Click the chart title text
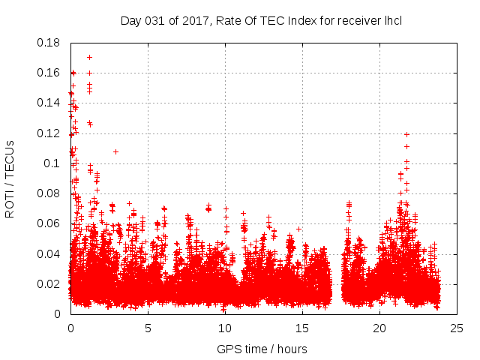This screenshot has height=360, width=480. pyautogui.click(x=261, y=20)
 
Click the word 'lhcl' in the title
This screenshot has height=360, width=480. pyautogui.click(x=392, y=20)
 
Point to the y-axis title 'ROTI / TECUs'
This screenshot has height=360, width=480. pyautogui.click(x=10, y=178)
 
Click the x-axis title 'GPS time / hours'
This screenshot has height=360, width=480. pyautogui.click(x=262, y=349)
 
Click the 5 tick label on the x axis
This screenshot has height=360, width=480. pyautogui.click(x=148, y=328)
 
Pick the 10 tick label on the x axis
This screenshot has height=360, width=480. pyautogui.click(x=225, y=328)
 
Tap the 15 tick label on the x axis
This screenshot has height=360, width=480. pyautogui.click(x=302, y=328)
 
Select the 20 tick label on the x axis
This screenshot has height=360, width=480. pyautogui.click(x=379, y=328)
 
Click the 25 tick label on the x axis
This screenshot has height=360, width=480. pyautogui.click(x=457, y=328)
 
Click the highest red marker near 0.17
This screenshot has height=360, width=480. pyautogui.click(x=89, y=57)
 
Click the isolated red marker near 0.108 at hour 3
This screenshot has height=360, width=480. pyautogui.click(x=115, y=151)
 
